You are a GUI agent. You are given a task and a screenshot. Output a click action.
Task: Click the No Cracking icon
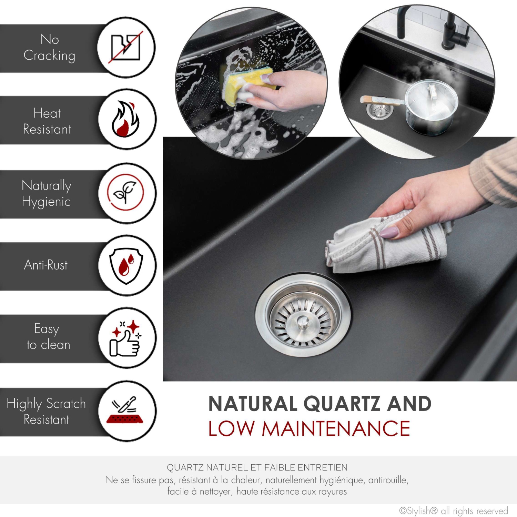[x=125, y=47]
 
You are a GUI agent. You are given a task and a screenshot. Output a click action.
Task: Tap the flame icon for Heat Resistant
[x=125, y=119]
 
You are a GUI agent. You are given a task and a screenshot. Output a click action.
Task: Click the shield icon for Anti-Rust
[x=126, y=265]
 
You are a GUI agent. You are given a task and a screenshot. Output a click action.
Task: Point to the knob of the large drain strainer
[x=303, y=322]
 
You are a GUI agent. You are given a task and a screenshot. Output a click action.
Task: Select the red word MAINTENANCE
[x=336, y=429]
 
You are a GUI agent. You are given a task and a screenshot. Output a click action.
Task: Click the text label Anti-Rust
[x=46, y=265]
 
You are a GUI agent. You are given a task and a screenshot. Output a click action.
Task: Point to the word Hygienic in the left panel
[x=46, y=202]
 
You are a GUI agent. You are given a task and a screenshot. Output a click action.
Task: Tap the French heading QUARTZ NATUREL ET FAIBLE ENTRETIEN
[x=257, y=468]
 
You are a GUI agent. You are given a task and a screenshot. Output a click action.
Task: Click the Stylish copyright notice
[x=454, y=510]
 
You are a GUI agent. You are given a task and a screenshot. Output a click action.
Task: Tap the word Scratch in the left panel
[x=66, y=404]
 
